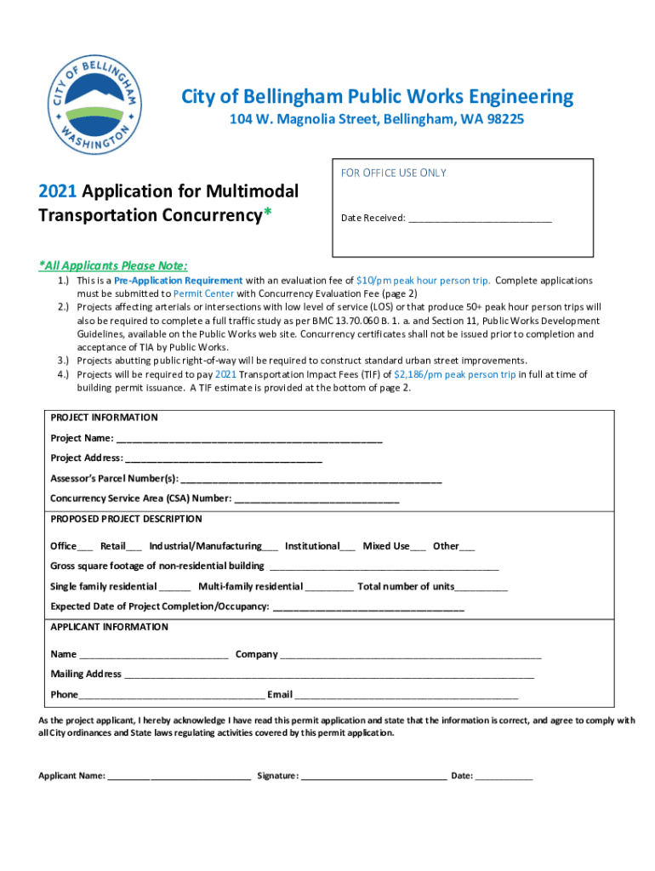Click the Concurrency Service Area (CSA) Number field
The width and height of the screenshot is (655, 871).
316,499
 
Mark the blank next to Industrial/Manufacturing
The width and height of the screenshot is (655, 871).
270,547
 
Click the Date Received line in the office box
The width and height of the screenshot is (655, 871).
480,219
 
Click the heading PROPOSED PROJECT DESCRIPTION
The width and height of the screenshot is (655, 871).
126,519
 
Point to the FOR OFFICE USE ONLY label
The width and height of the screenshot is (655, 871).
393,173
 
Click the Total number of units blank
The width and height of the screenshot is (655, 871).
481,588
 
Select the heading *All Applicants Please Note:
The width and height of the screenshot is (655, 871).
113,265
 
